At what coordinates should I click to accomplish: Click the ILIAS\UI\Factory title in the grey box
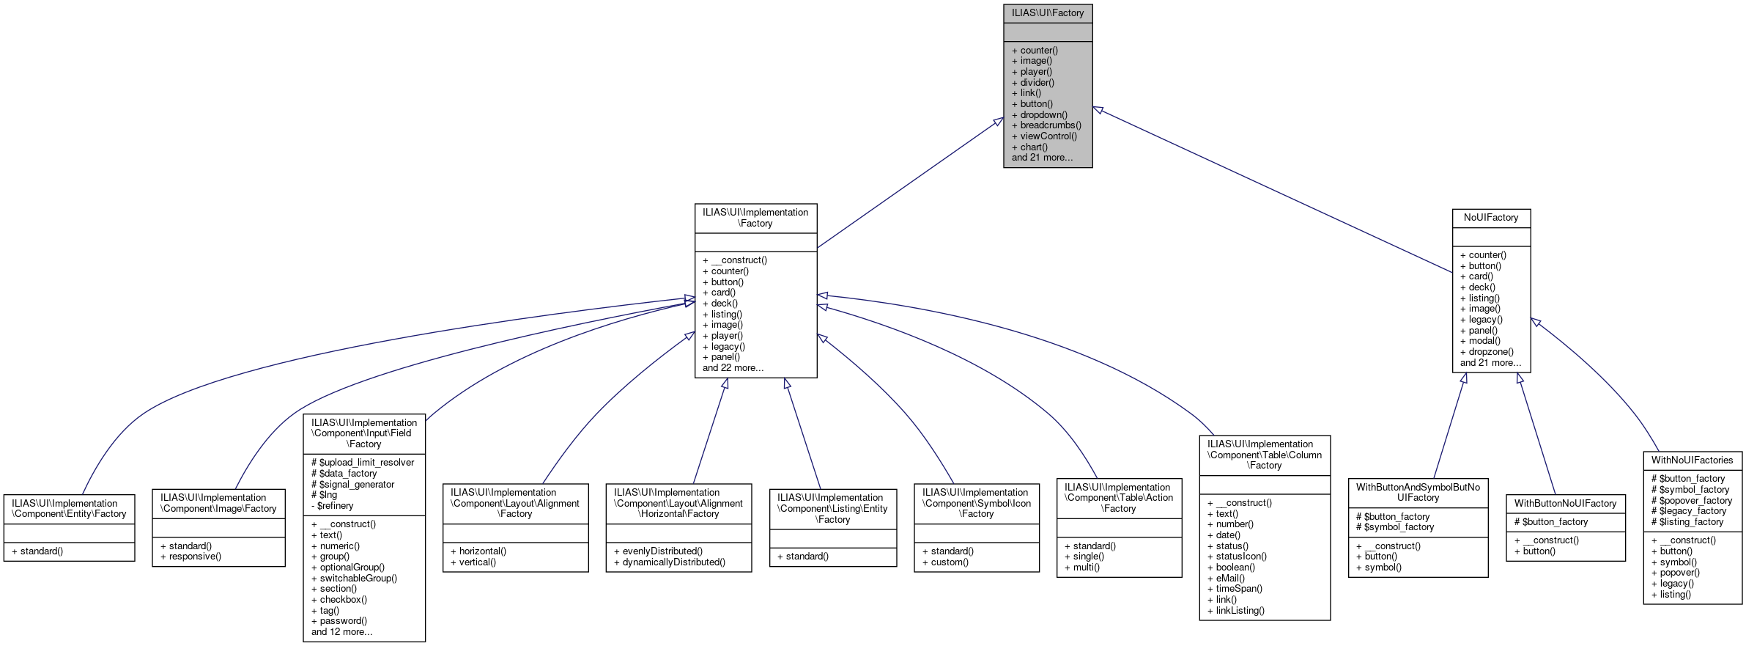(1047, 12)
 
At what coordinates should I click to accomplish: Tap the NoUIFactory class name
(1490, 218)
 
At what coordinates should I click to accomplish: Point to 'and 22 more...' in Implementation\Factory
(733, 368)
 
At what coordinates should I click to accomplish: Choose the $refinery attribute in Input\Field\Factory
(335, 506)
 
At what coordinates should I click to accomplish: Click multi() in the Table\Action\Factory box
(1086, 568)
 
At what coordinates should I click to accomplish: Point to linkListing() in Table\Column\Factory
(1240, 611)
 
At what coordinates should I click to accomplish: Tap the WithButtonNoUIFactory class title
(1565, 504)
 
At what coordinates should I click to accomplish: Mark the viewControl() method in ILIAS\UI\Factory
(1048, 136)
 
